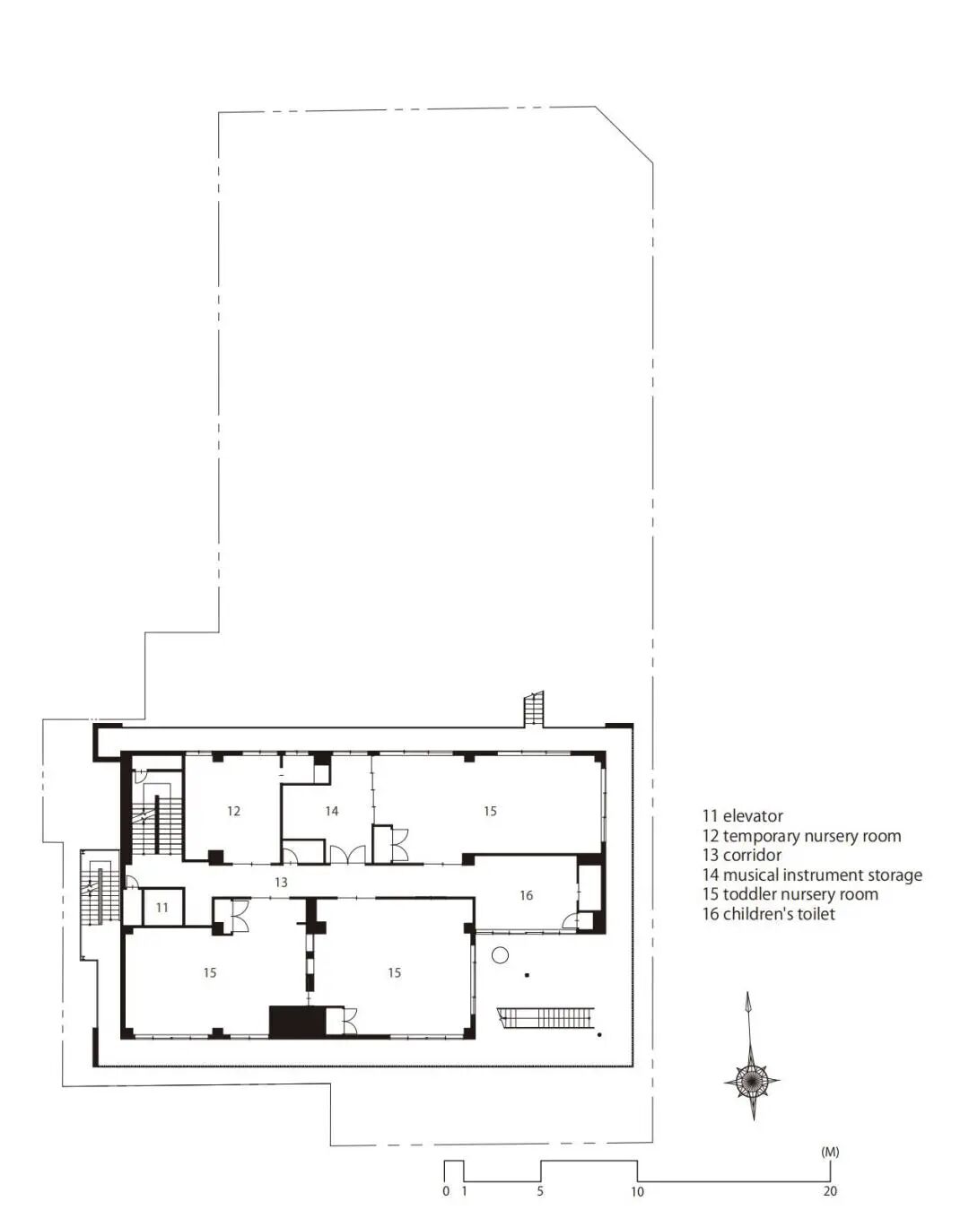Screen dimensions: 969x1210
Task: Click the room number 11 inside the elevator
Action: point(162,908)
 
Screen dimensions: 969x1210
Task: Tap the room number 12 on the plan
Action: point(233,811)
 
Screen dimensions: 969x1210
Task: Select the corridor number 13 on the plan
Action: point(281,883)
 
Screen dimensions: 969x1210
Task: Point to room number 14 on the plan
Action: point(331,811)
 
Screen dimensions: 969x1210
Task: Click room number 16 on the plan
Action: point(526,895)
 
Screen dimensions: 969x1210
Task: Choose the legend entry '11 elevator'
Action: point(742,816)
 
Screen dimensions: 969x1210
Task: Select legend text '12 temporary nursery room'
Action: point(801,836)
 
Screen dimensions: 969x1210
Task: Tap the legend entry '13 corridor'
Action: point(742,855)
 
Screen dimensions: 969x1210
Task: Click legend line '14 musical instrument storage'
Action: point(812,875)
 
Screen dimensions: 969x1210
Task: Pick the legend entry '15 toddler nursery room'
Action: point(790,894)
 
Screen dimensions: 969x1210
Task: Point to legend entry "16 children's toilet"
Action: point(768,914)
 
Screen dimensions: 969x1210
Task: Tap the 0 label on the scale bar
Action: point(446,1191)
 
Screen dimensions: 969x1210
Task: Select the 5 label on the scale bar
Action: point(540,1191)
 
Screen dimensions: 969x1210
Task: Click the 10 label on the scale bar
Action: point(637,1191)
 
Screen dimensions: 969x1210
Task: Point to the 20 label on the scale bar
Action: point(830,1191)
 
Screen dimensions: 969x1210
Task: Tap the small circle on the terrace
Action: point(500,954)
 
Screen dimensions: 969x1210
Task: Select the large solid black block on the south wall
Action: point(298,1022)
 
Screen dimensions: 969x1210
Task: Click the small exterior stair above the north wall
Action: point(534,709)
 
